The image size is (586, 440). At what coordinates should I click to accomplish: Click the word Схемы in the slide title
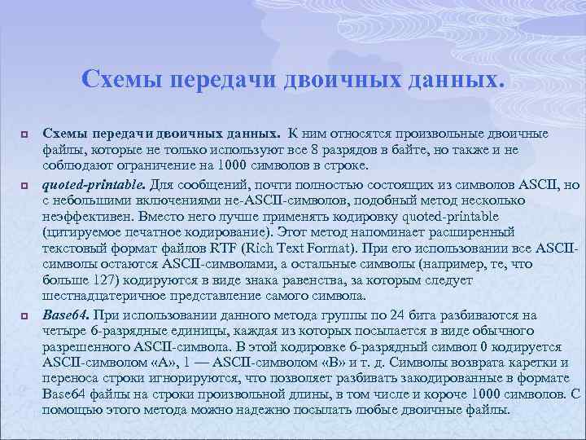click(x=119, y=79)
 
